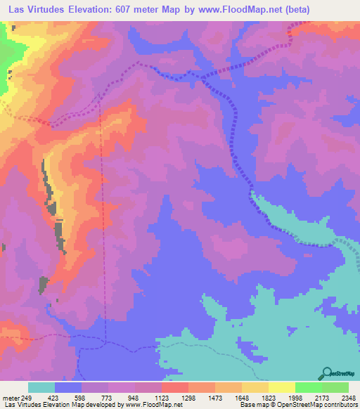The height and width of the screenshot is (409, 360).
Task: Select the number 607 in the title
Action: (122, 9)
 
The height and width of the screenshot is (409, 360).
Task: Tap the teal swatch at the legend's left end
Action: (41, 387)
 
